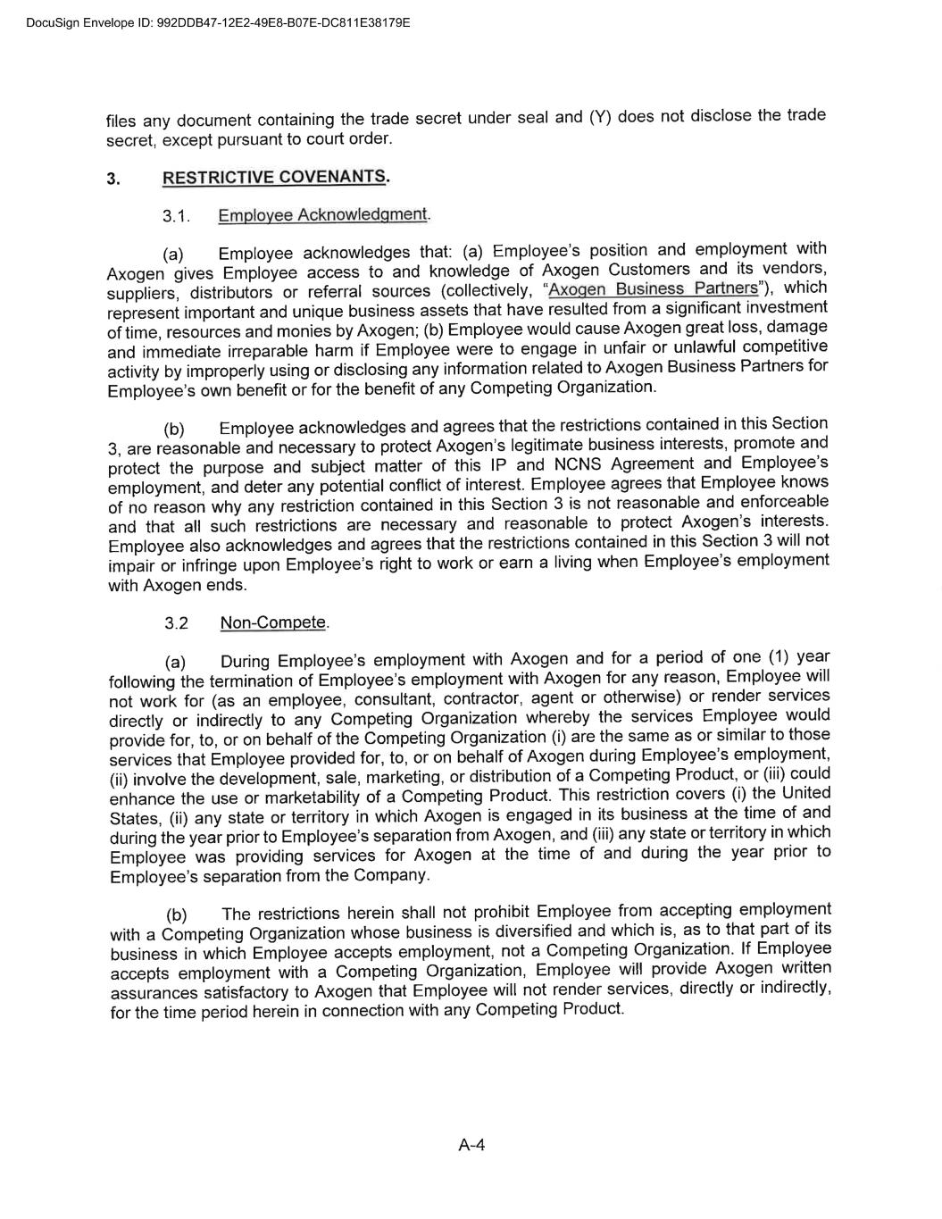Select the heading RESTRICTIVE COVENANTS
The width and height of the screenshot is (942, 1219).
[x=274, y=177]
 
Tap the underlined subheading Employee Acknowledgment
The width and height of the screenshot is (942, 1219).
[x=322, y=215]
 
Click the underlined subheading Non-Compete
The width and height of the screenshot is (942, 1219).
[x=273, y=622]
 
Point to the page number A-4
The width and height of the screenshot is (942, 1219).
[x=471, y=1146]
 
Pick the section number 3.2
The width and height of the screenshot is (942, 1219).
[x=177, y=623]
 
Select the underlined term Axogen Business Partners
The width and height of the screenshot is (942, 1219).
[x=653, y=289]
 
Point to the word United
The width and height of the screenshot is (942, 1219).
[x=805, y=792]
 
